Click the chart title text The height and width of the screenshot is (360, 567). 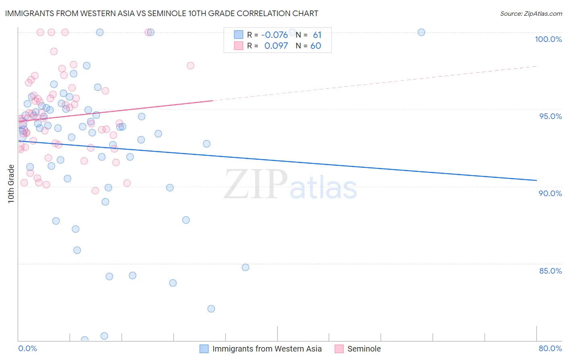coord(161,13)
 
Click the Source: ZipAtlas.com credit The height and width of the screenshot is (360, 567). coord(531,13)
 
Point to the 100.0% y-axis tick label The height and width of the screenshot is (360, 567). coord(548,39)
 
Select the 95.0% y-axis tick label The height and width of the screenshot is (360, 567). coord(550,116)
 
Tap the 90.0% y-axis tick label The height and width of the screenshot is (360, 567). coord(550,193)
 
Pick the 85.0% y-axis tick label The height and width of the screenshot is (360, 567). coord(550,271)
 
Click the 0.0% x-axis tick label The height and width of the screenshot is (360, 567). coord(27,348)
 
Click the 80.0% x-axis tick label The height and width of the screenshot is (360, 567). coord(550,348)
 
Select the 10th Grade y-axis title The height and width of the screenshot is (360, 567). coord(11,184)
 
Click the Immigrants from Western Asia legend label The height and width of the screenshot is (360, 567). coord(267,349)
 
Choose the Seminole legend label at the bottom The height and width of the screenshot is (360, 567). coord(364,349)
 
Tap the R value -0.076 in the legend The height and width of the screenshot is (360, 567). coord(274,35)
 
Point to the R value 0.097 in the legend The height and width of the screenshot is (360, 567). coord(276,46)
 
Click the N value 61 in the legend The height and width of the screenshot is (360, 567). coord(317,35)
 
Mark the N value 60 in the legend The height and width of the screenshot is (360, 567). coord(316,46)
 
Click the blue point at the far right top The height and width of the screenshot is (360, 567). coord(421,32)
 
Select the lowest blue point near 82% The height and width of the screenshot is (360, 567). coord(211,309)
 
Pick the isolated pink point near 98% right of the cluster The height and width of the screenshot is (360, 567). coord(190,65)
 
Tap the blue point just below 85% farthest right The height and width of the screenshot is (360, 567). coord(246,267)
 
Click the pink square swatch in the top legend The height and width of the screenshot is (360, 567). coord(239,46)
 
